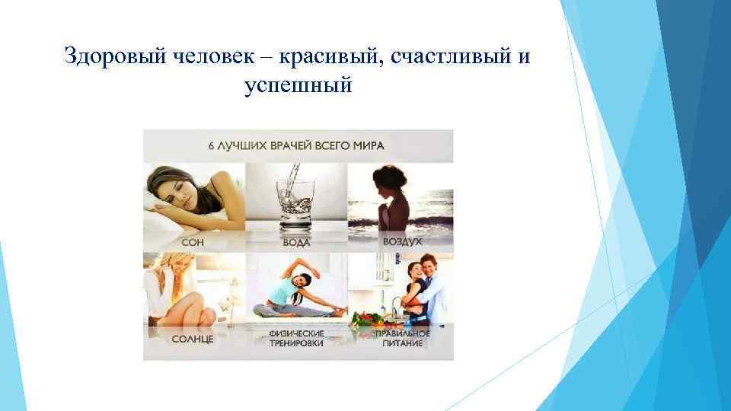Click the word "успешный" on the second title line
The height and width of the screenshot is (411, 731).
point(298,86)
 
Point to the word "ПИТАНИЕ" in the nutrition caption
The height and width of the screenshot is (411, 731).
point(401,343)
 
